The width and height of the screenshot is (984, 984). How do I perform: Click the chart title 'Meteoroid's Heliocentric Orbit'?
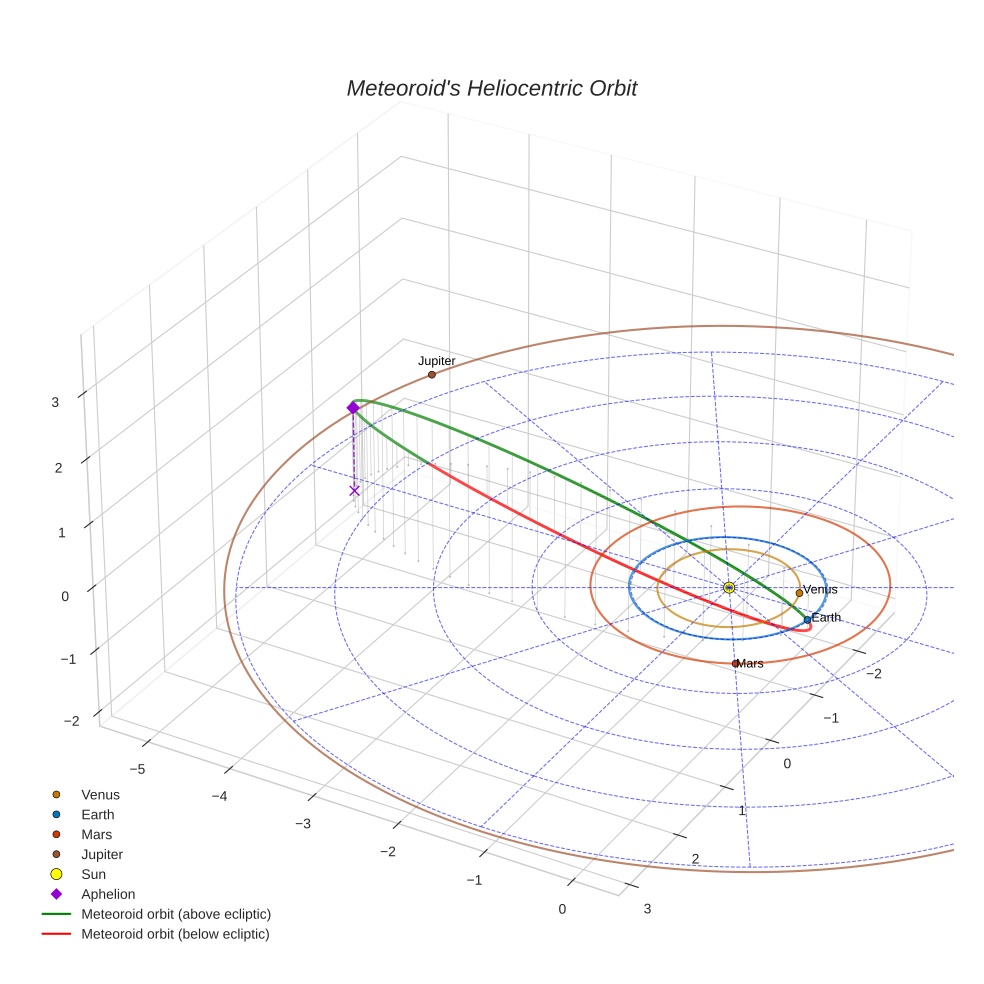coord(491,89)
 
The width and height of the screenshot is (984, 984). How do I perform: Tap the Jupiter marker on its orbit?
coord(432,375)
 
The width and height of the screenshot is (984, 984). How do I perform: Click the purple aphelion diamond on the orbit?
coord(353,408)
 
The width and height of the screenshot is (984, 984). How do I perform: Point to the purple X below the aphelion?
coord(354,490)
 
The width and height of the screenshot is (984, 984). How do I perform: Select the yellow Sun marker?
coord(729,587)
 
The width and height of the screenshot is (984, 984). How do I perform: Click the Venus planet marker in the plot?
coord(799,593)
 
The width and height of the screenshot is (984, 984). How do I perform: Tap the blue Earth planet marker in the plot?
coord(808,620)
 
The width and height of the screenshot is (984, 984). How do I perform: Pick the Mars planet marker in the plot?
coord(735,663)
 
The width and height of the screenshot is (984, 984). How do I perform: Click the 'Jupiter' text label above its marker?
coord(437,361)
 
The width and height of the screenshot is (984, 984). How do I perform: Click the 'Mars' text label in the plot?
coord(751,664)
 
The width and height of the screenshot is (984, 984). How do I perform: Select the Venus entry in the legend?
coord(100,794)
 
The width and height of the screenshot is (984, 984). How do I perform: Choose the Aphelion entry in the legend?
coord(107,894)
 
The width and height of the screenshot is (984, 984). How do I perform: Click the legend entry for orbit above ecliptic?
coord(176,914)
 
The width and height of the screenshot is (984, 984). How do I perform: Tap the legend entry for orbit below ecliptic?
coord(175,934)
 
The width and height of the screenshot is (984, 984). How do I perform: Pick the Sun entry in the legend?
coord(94,874)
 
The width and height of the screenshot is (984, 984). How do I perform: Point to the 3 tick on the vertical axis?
coord(55,402)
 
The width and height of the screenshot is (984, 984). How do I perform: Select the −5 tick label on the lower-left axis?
coord(138,769)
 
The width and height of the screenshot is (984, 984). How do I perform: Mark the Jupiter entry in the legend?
coord(102,854)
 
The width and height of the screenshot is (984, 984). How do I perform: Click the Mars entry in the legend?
coord(96,834)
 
